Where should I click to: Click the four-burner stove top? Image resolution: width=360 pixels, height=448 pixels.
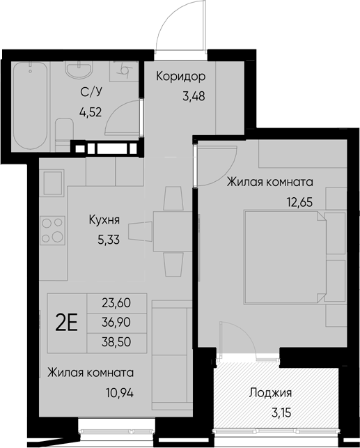(x=52, y=231)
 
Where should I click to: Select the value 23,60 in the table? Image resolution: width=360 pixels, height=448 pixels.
(x=116, y=304)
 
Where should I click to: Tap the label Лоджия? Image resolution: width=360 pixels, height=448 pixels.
(x=269, y=392)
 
